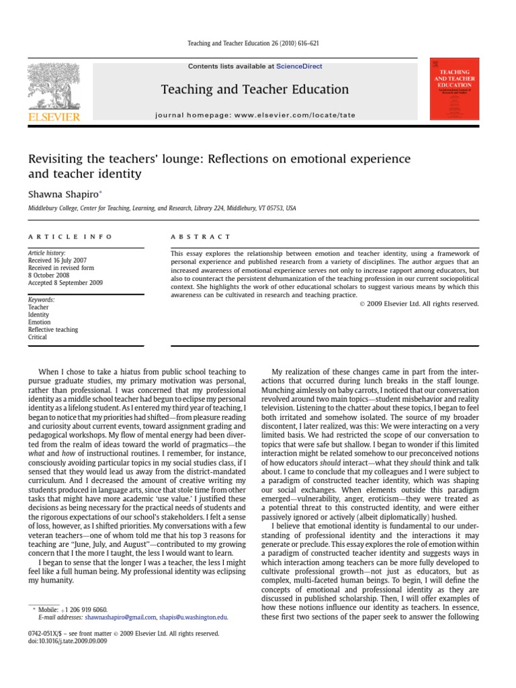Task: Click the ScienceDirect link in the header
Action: point(300,67)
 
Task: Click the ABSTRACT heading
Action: point(201,237)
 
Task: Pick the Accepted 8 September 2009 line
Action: point(65,283)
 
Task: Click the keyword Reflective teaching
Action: point(52,330)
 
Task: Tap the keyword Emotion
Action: point(39,322)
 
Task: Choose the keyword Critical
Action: point(38,337)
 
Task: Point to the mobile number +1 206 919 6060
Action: point(84,609)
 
